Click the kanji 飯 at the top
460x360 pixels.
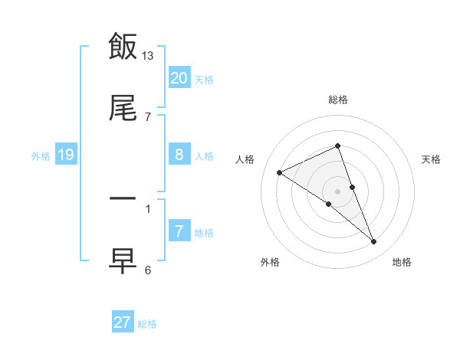click(123, 47)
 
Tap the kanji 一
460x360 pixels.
click(123, 198)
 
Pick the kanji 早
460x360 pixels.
click(123, 260)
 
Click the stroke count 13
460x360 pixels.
click(148, 55)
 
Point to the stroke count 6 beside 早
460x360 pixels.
click(148, 270)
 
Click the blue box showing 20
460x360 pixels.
click(179, 78)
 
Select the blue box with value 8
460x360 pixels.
click(179, 155)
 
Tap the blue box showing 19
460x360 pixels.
click(66, 155)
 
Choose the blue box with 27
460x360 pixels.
click(123, 322)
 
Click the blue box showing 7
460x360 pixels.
click(179, 231)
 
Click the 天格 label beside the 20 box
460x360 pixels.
click(204, 79)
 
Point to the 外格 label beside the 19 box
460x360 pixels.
click(41, 156)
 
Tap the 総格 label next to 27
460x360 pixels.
click(147, 324)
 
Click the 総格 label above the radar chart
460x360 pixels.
click(338, 100)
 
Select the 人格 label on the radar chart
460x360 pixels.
click(245, 159)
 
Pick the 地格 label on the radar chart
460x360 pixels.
click(402, 262)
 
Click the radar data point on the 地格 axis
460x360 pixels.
click(374, 242)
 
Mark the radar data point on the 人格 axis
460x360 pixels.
click(280, 172)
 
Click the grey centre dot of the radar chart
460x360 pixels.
click(338, 191)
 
